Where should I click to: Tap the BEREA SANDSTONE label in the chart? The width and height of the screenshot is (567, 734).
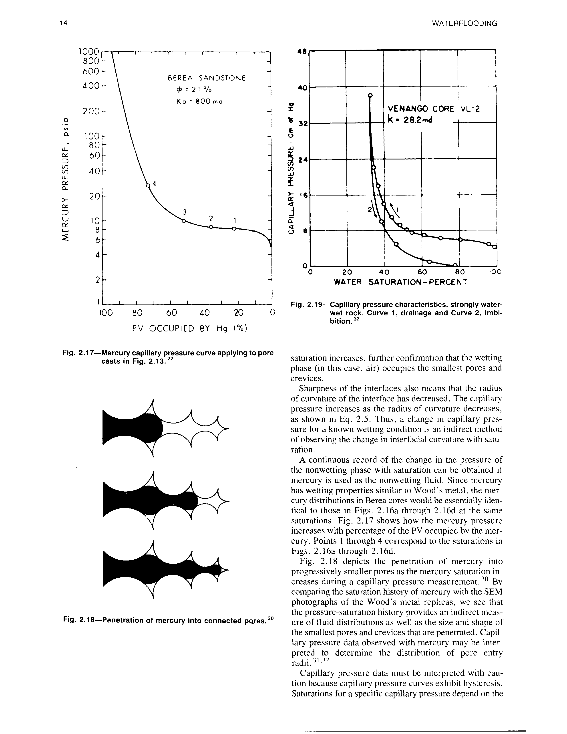[x=207, y=78]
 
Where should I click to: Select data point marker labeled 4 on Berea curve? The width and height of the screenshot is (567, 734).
[x=148, y=185]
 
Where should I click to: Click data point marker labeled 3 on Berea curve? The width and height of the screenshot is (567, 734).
[x=183, y=221]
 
